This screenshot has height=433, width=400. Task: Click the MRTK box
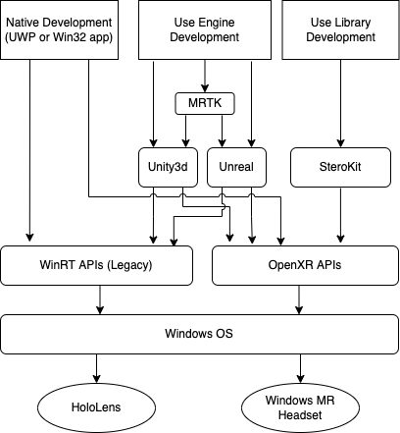tap(205, 103)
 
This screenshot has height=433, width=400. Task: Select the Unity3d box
tap(168, 167)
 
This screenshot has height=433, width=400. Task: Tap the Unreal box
tap(236, 167)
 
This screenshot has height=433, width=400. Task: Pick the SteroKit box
tap(340, 167)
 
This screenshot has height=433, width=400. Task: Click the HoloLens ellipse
tap(97, 407)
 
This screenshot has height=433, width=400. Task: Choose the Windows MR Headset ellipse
tap(300, 407)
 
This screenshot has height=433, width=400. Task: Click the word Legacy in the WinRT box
tap(129, 265)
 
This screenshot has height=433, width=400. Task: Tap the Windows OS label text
tap(199, 334)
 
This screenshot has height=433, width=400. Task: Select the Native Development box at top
tap(59, 29)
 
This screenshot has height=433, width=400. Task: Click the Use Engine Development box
tap(205, 29)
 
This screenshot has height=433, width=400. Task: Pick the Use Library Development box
tap(340, 29)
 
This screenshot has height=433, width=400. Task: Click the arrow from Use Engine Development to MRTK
tap(205, 76)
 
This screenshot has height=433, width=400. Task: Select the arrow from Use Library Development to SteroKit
tap(340, 103)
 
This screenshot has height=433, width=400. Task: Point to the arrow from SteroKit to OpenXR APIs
tap(340, 215)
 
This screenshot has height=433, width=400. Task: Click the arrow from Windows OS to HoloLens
tap(96, 368)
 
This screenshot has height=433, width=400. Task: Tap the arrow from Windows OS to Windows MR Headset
tap(300, 368)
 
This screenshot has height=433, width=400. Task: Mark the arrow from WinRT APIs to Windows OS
tap(100, 299)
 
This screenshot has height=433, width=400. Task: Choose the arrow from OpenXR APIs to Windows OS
tap(299, 299)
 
